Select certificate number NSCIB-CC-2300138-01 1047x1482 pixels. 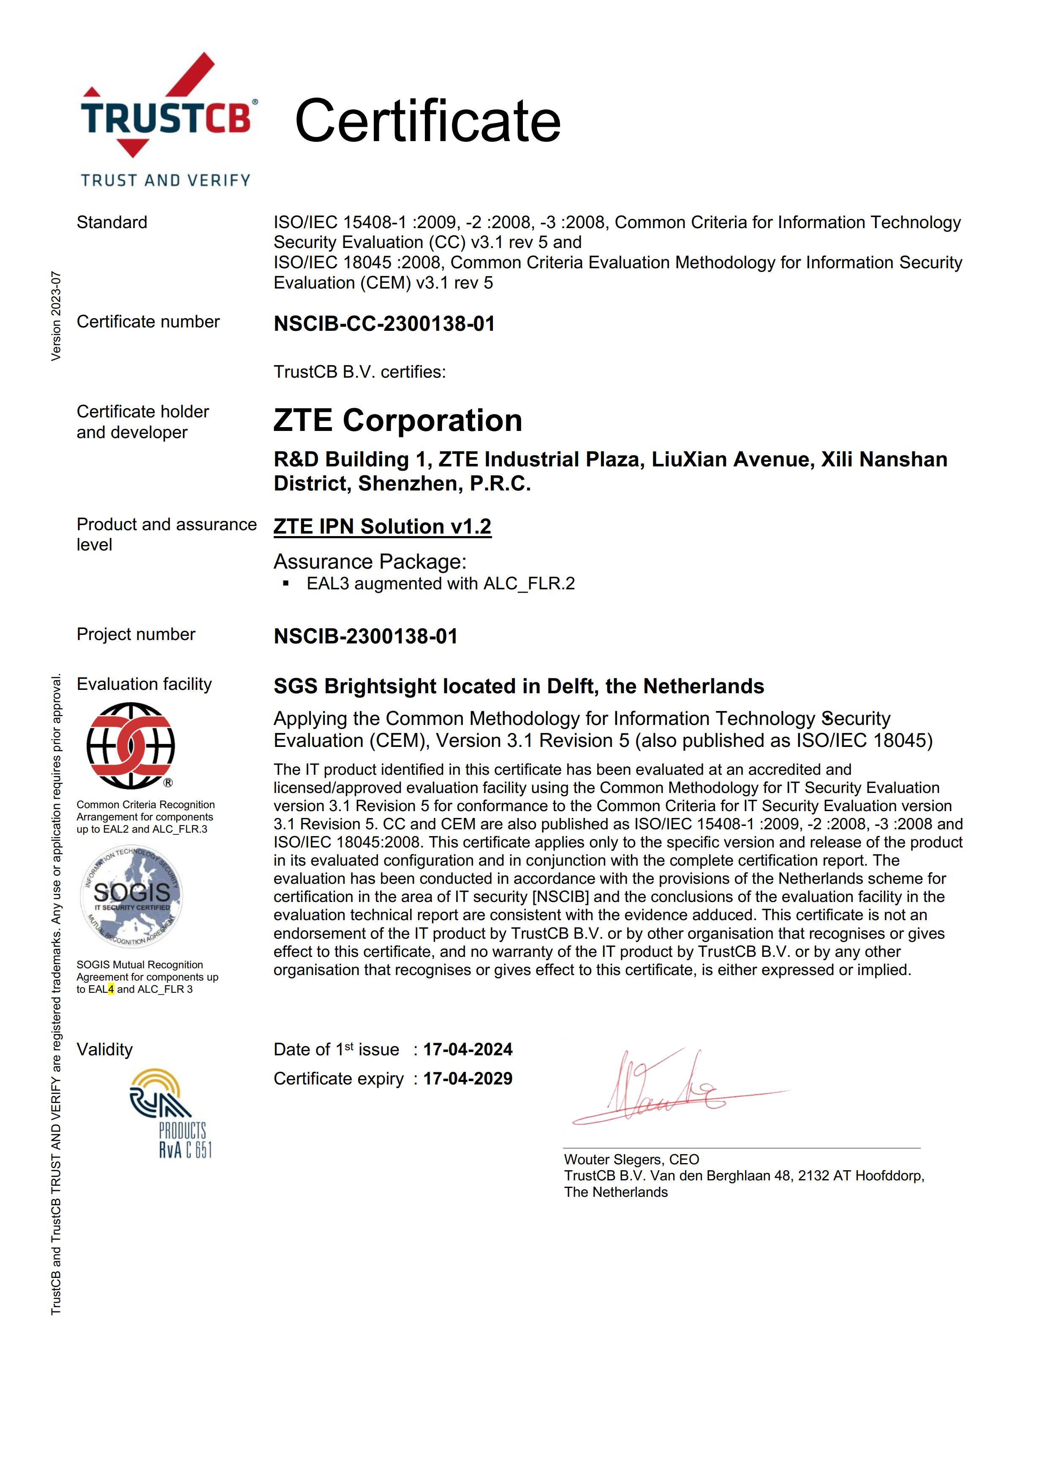point(384,323)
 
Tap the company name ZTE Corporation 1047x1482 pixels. point(397,420)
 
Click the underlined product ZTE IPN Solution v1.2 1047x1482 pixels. point(382,527)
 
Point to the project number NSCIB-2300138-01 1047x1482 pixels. point(365,636)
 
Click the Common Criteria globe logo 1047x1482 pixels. point(131,746)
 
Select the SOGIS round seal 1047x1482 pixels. point(132,896)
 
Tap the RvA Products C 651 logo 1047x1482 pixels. point(171,1113)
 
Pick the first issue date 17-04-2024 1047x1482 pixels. point(468,1049)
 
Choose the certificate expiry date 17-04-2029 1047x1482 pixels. point(468,1079)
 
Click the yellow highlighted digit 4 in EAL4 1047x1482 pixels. point(111,989)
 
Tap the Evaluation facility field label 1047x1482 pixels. point(144,684)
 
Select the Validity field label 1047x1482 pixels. point(104,1049)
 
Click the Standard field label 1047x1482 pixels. point(111,222)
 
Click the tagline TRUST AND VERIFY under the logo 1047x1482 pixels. point(166,180)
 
